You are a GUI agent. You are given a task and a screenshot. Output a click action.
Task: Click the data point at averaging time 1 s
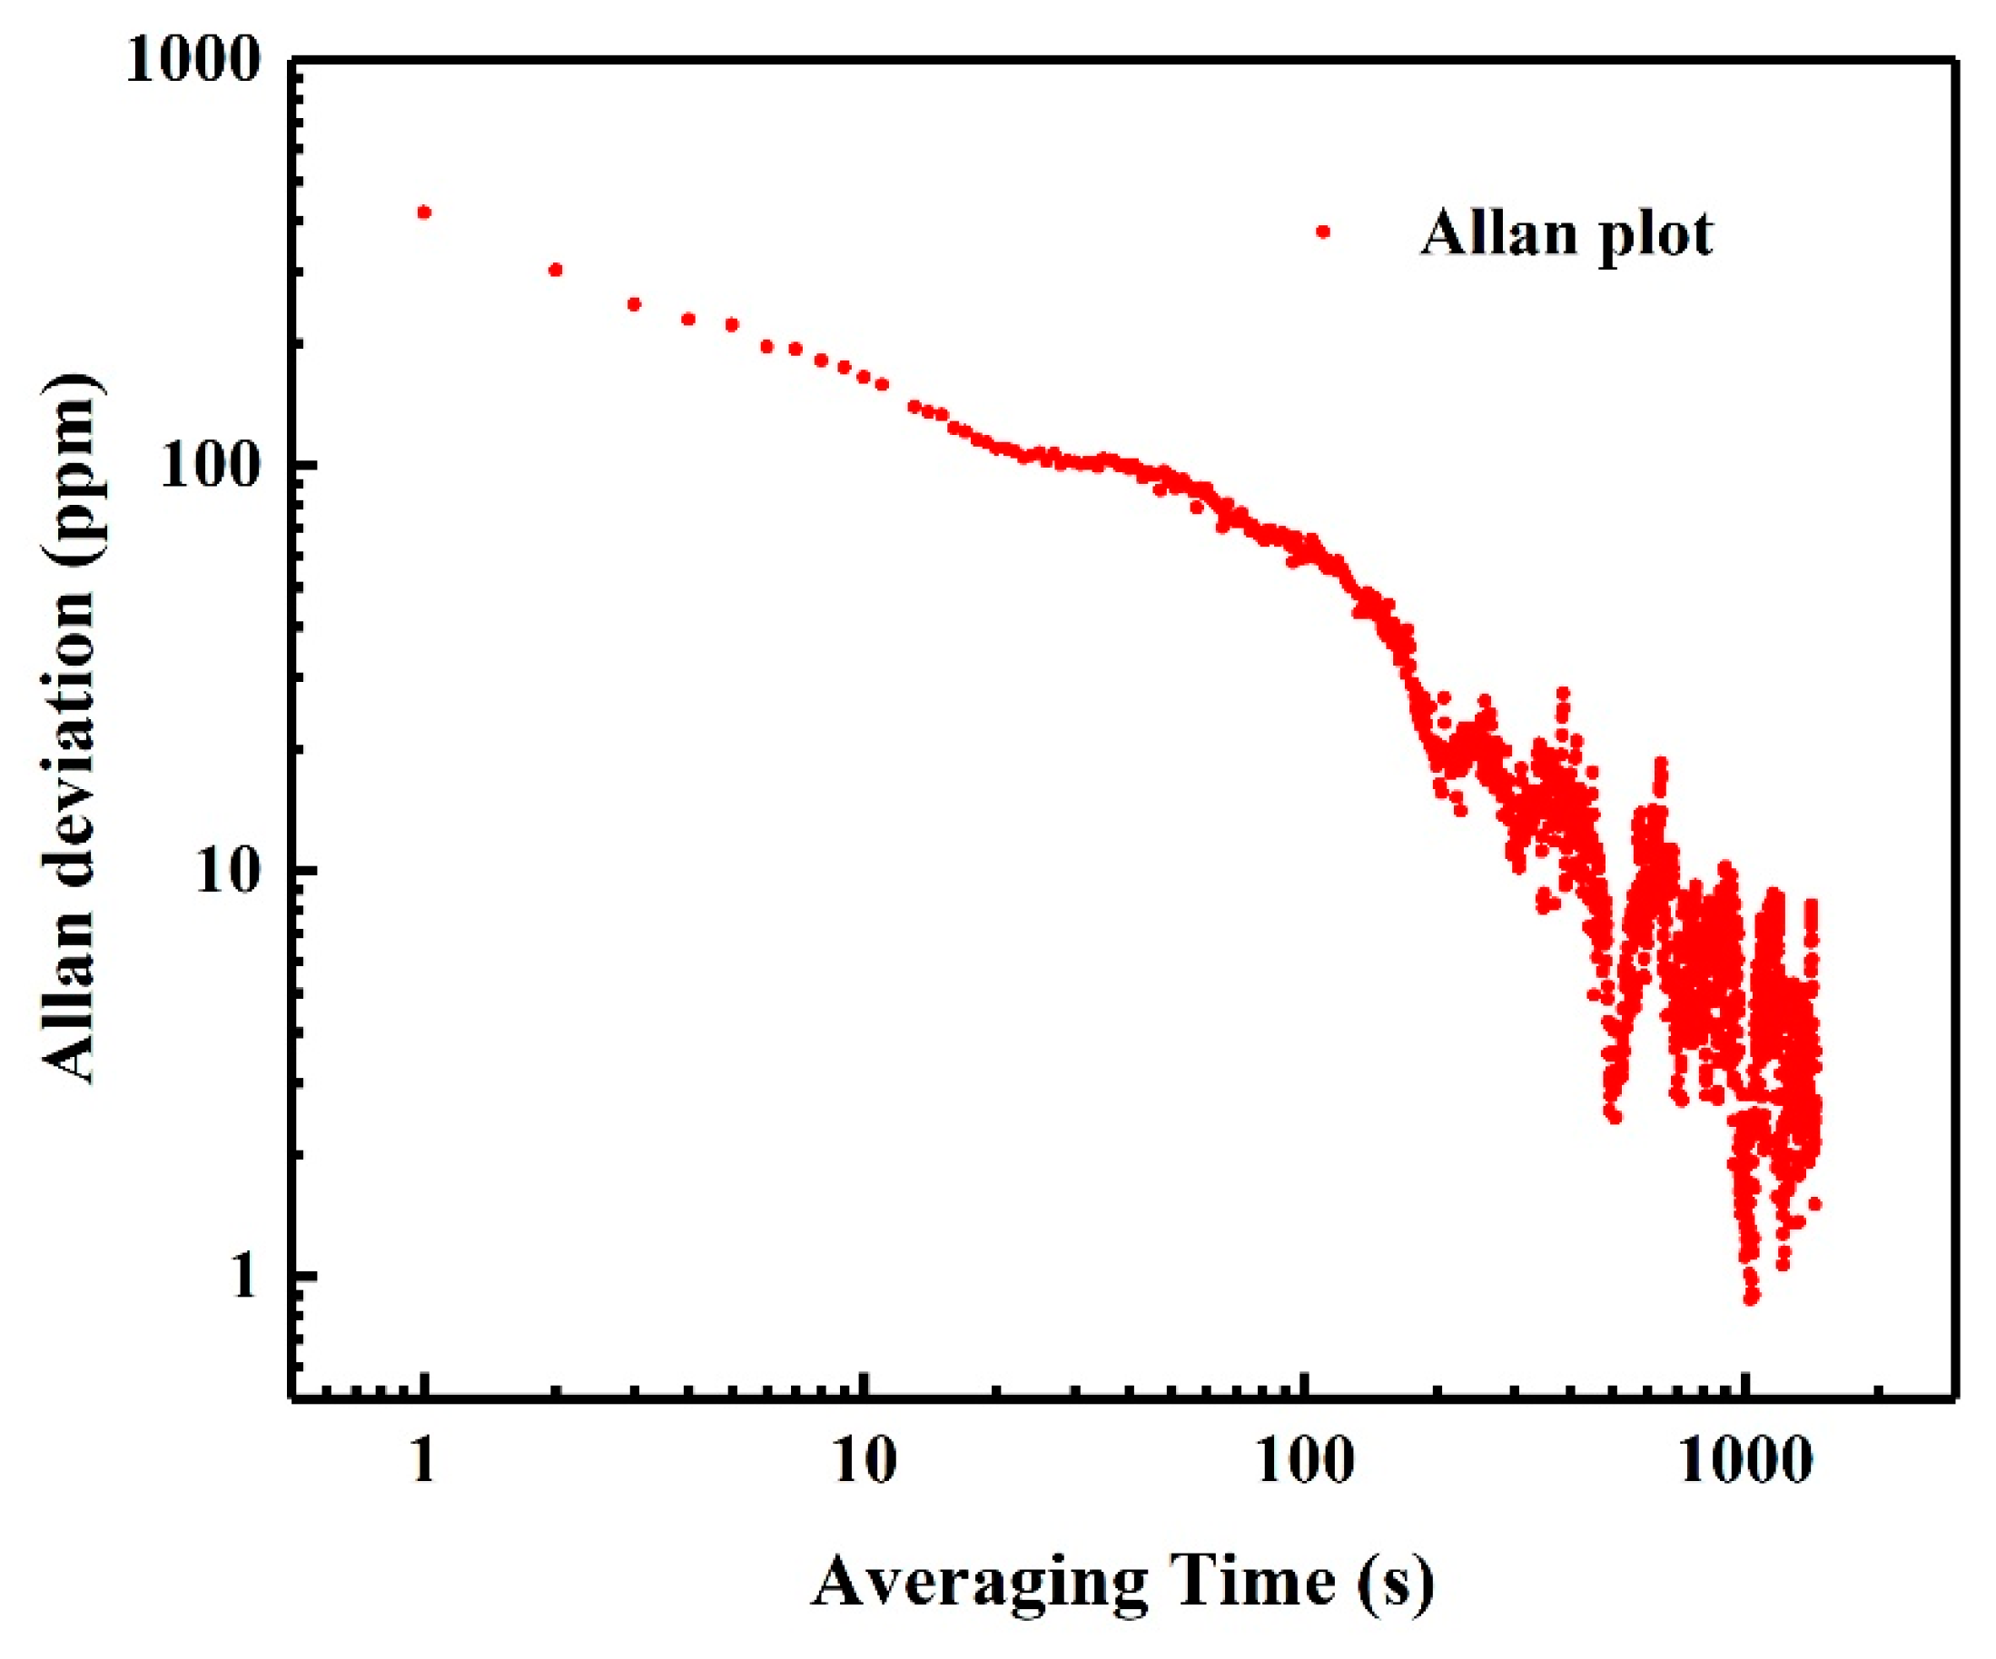coord(425,212)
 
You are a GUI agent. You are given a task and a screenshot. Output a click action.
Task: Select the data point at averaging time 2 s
coord(556,270)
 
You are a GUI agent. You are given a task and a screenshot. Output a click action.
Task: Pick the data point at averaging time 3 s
coord(634,304)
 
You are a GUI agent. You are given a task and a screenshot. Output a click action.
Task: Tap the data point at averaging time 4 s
coord(689,320)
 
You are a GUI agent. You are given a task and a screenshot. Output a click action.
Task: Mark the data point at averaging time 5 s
coord(732,325)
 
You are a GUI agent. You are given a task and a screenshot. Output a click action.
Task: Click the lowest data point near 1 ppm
coord(1751,1296)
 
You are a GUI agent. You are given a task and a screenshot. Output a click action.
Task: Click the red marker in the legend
coord(1321,231)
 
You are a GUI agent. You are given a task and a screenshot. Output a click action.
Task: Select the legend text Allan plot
coord(1566,233)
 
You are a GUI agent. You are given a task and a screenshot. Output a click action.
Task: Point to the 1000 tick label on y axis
coord(193,63)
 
